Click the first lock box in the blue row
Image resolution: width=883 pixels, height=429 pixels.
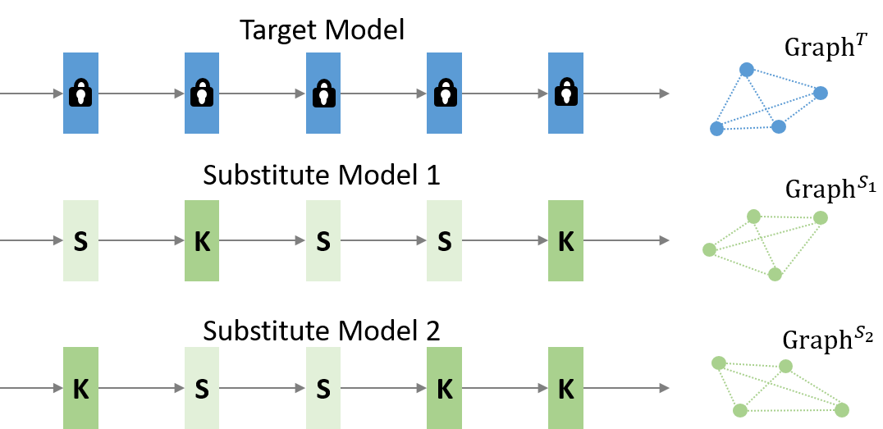(80, 93)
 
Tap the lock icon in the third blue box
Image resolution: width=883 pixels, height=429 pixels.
(323, 93)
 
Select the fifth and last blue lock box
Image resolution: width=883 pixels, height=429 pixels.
(565, 93)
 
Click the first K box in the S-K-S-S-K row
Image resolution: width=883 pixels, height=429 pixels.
(202, 240)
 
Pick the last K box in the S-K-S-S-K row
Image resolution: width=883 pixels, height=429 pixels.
(565, 240)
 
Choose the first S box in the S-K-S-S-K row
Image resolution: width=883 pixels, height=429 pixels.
(80, 240)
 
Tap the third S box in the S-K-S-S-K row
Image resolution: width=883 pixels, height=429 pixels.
(444, 240)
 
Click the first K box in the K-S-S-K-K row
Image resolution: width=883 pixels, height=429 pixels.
(80, 388)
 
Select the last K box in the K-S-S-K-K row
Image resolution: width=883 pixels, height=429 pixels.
(565, 388)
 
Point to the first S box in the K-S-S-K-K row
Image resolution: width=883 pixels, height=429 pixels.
(202, 388)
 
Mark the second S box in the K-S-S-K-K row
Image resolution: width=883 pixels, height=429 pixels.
(323, 388)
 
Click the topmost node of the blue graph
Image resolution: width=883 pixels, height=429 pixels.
(747, 70)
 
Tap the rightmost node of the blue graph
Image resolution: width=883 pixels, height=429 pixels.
(821, 93)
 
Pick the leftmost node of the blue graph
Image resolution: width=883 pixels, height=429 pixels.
(717, 129)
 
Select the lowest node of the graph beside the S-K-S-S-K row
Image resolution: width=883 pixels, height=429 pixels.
(775, 274)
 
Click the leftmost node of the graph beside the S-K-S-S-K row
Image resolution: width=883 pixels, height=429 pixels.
(710, 249)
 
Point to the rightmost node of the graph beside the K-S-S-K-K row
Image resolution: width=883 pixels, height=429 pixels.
(841, 409)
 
